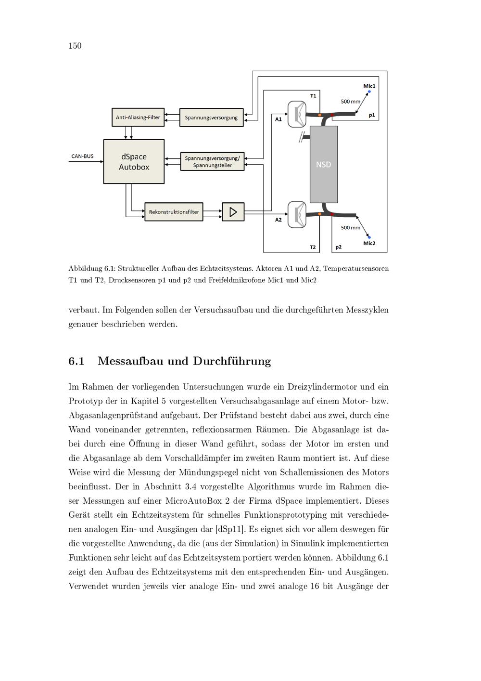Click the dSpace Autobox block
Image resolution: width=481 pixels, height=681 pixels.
pyautogui.click(x=134, y=162)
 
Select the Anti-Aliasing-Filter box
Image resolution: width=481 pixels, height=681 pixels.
pyautogui.click(x=138, y=117)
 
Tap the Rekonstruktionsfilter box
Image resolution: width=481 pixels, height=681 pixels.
pyautogui.click(x=174, y=212)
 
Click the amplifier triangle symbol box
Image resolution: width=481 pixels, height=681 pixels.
pyautogui.click(x=233, y=212)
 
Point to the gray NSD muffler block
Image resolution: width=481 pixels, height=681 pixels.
pyautogui.click(x=323, y=164)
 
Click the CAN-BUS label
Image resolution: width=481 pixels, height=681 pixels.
pyautogui.click(x=82, y=156)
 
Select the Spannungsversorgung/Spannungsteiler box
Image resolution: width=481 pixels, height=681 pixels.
pyautogui.click(x=212, y=162)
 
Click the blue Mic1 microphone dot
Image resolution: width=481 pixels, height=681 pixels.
pyautogui.click(x=369, y=91)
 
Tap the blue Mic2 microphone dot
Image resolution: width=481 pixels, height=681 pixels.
pyautogui.click(x=369, y=237)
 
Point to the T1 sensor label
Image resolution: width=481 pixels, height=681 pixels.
pyautogui.click(x=313, y=95)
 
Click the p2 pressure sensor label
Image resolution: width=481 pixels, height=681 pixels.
pyautogui.click(x=339, y=247)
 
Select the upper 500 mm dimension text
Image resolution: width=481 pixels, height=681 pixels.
pyautogui.click(x=350, y=102)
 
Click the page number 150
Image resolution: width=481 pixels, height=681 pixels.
pyautogui.click(x=75, y=46)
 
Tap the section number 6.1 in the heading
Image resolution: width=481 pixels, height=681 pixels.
pyautogui.click(x=76, y=361)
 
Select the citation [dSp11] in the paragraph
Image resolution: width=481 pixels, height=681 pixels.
pyautogui.click(x=230, y=529)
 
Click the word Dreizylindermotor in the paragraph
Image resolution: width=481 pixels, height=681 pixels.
pyautogui.click(x=323, y=387)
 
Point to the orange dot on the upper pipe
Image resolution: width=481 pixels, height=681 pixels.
pyautogui.click(x=319, y=115)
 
